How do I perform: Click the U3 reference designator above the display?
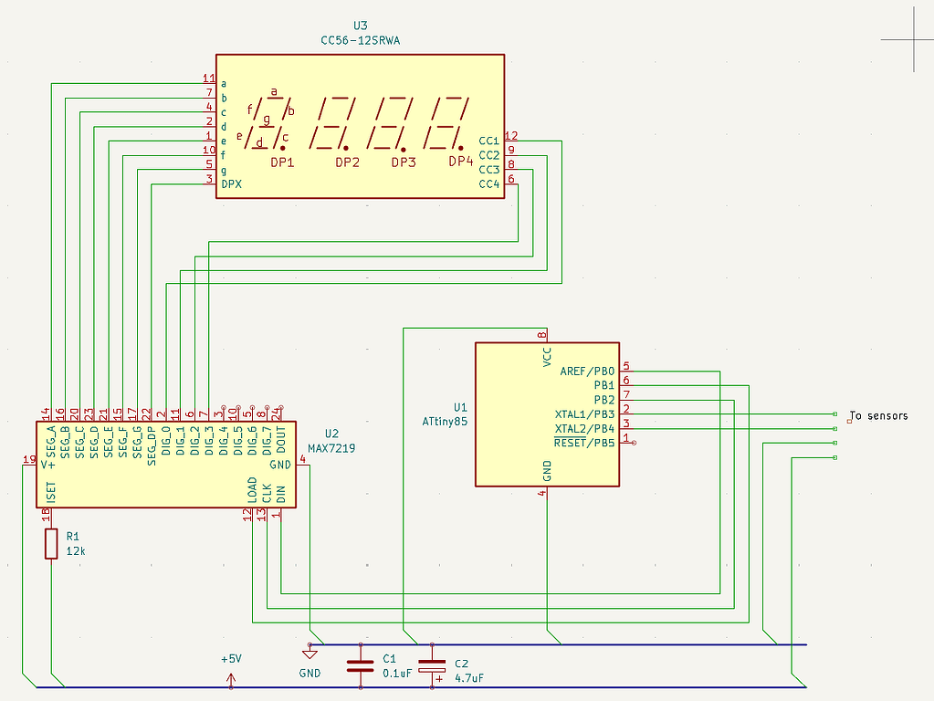[x=360, y=26]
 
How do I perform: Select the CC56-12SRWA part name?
[x=360, y=40]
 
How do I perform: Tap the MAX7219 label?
[x=331, y=448]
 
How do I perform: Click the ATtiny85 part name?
[x=445, y=422]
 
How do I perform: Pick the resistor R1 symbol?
[x=51, y=544]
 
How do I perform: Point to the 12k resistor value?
[x=76, y=551]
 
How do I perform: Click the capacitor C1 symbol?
[x=360, y=665]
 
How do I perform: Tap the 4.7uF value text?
[x=468, y=677]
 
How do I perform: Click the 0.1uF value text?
[x=397, y=673]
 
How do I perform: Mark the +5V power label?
[x=231, y=658]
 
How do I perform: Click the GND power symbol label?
[x=310, y=674]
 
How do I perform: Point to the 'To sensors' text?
[x=878, y=416]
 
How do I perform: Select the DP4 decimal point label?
[x=461, y=162]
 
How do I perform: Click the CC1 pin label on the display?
[x=488, y=141]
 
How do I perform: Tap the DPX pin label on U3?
[x=232, y=184]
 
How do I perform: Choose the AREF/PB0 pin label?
[x=587, y=371]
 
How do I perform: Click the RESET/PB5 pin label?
[x=585, y=443]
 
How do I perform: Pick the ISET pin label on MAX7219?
[x=51, y=494]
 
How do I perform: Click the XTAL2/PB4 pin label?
[x=585, y=428]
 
